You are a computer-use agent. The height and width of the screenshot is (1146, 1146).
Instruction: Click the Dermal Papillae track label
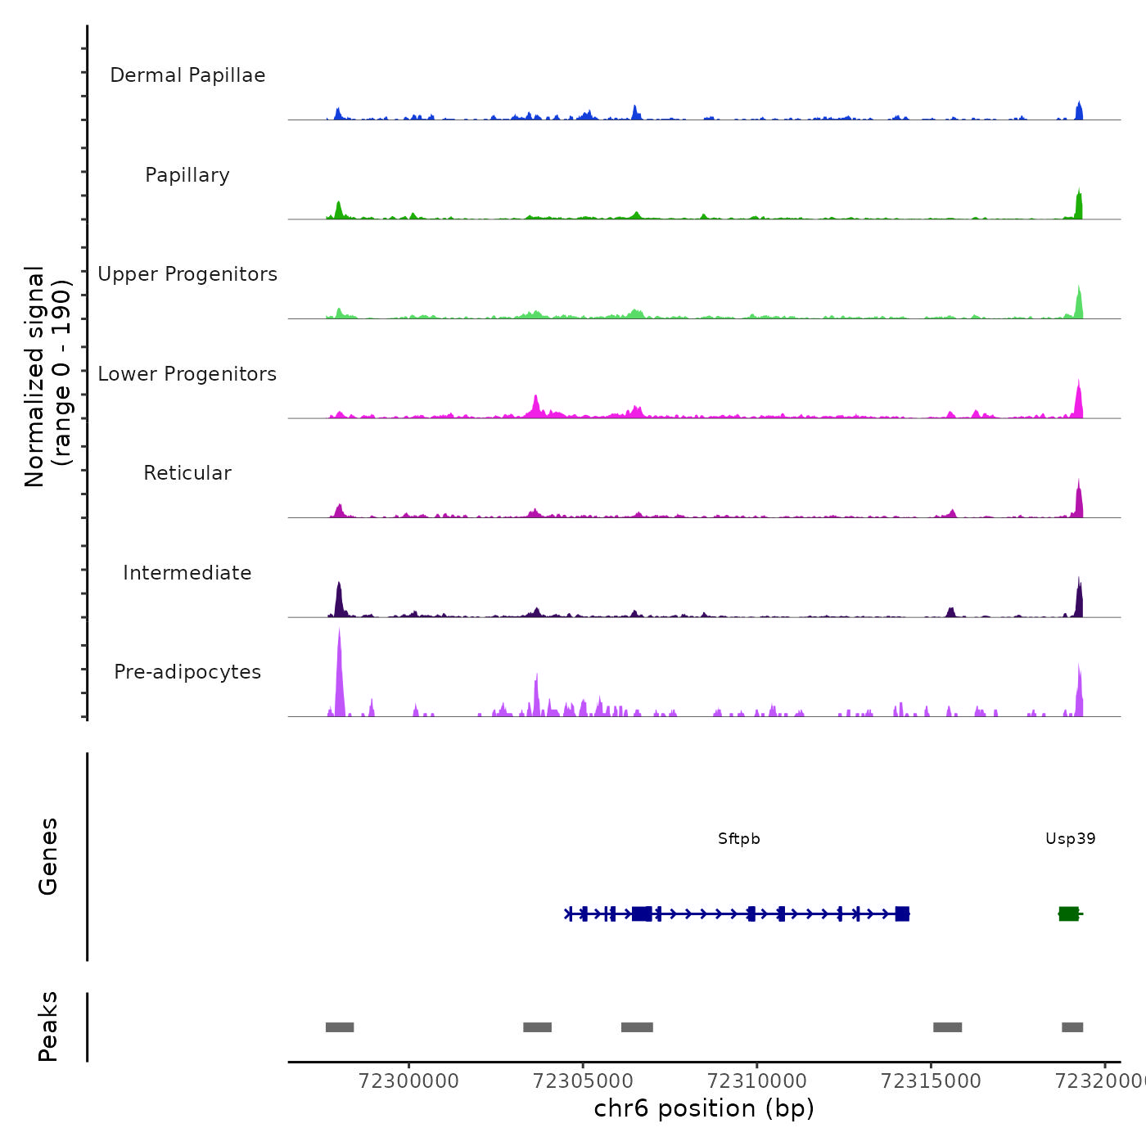pyautogui.click(x=187, y=75)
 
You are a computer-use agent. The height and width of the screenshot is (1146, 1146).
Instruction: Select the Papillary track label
pyautogui.click(x=187, y=175)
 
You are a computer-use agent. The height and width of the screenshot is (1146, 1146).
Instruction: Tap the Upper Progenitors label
pyautogui.click(x=187, y=274)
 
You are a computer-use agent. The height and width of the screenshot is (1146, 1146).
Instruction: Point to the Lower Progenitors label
pyautogui.click(x=187, y=374)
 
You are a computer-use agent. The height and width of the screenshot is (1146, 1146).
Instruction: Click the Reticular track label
pyautogui.click(x=187, y=473)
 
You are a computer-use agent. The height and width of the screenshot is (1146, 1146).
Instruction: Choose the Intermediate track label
pyautogui.click(x=187, y=573)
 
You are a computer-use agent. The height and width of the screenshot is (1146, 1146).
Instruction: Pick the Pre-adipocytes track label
pyautogui.click(x=187, y=672)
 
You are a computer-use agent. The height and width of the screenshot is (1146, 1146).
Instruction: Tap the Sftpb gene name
pyautogui.click(x=739, y=839)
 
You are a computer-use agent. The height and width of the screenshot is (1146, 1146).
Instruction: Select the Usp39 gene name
pyautogui.click(x=1070, y=839)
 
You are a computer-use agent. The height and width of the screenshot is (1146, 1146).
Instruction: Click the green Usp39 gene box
pyautogui.click(x=1068, y=914)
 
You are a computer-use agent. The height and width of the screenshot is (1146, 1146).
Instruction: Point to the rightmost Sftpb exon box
pyautogui.click(x=902, y=914)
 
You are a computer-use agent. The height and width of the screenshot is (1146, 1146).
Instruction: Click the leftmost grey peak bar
pyautogui.click(x=340, y=1027)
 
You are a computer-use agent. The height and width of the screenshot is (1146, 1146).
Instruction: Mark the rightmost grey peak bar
pyautogui.click(x=1072, y=1027)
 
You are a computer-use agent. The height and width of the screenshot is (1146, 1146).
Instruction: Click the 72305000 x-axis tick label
pyautogui.click(x=583, y=1081)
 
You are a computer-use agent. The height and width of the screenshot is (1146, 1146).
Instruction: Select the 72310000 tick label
pyautogui.click(x=757, y=1081)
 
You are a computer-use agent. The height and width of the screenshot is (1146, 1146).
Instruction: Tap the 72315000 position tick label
pyautogui.click(x=931, y=1081)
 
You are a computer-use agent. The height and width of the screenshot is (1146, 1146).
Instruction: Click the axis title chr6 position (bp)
pyautogui.click(x=704, y=1108)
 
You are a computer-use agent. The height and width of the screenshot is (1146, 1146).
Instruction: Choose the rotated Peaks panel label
pyautogui.click(x=48, y=1026)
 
